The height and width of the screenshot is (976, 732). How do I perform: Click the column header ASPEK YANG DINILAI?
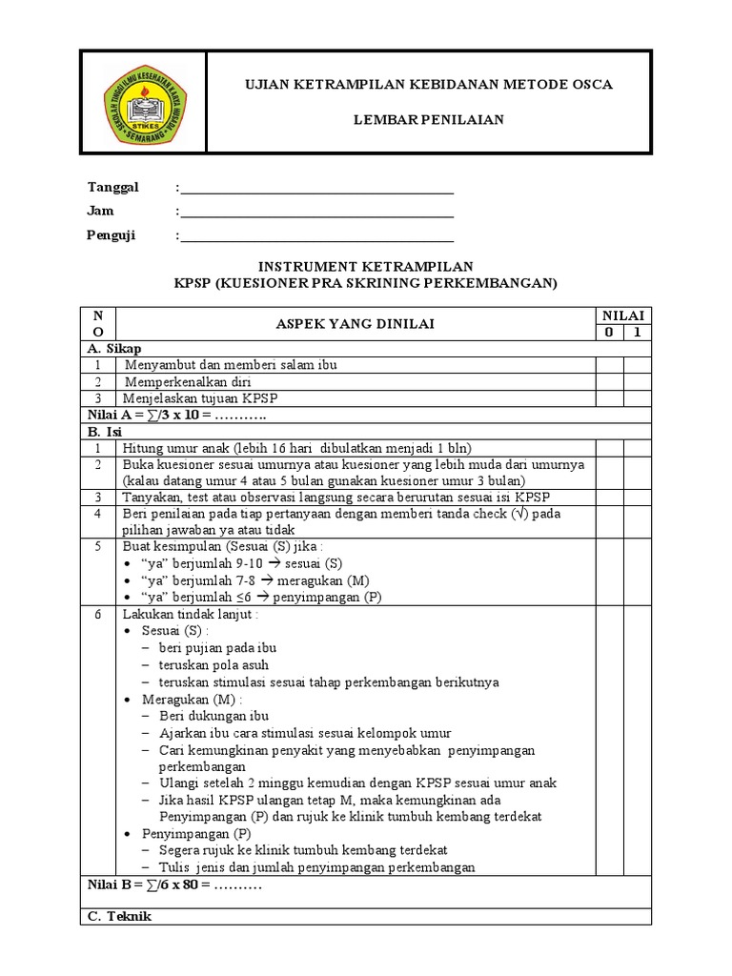click(356, 324)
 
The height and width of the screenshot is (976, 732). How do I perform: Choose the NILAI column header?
click(622, 315)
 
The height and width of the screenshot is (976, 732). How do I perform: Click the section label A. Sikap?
click(113, 349)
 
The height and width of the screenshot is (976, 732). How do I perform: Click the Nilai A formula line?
click(177, 416)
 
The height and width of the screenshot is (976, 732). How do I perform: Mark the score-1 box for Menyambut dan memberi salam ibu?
click(637, 365)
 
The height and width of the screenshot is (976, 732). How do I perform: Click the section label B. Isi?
click(106, 432)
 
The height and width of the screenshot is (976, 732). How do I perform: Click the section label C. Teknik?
click(118, 916)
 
